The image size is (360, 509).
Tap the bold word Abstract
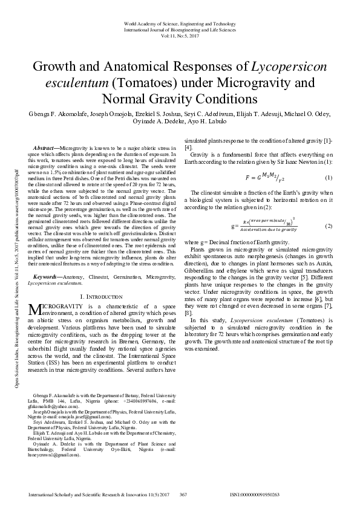pos(45,148)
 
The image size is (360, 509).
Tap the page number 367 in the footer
pos(184,494)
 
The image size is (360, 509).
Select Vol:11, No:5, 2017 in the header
pos(180,35)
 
